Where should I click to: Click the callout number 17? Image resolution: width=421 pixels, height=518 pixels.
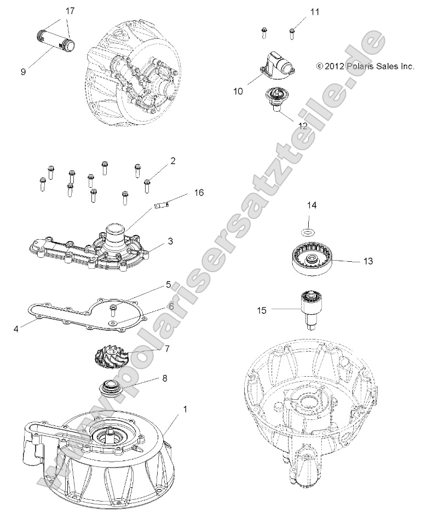(70, 11)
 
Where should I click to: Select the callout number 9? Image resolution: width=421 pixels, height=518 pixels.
(23, 71)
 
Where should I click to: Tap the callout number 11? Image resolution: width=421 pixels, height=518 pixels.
(314, 11)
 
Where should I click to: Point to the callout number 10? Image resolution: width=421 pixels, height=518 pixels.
(238, 91)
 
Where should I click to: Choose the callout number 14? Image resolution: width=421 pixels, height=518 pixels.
(311, 205)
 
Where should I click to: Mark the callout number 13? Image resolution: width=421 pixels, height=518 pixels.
(368, 261)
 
